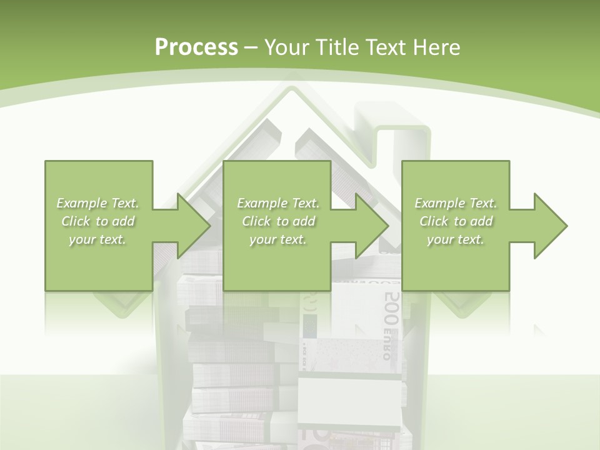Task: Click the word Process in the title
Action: [x=196, y=47]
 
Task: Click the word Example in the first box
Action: [x=81, y=203]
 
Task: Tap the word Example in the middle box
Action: [x=261, y=203]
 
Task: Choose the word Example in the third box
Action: [x=439, y=203]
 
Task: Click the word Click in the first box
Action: [x=76, y=221]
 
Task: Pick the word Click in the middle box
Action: [x=256, y=221]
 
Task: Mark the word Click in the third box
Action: [x=434, y=221]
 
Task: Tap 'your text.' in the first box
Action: [x=97, y=239]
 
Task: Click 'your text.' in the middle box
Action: [x=277, y=239]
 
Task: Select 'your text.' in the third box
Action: [x=456, y=239]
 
